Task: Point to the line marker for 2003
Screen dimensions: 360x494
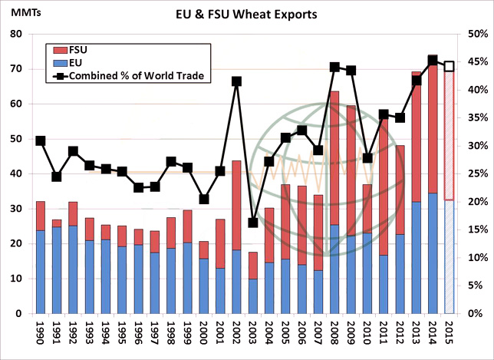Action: click(x=253, y=223)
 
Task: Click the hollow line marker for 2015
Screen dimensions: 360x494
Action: click(x=450, y=67)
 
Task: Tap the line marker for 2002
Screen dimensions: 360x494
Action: click(x=237, y=81)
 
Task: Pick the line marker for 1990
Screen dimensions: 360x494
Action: click(x=41, y=140)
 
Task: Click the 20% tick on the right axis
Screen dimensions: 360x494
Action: click(x=473, y=202)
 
